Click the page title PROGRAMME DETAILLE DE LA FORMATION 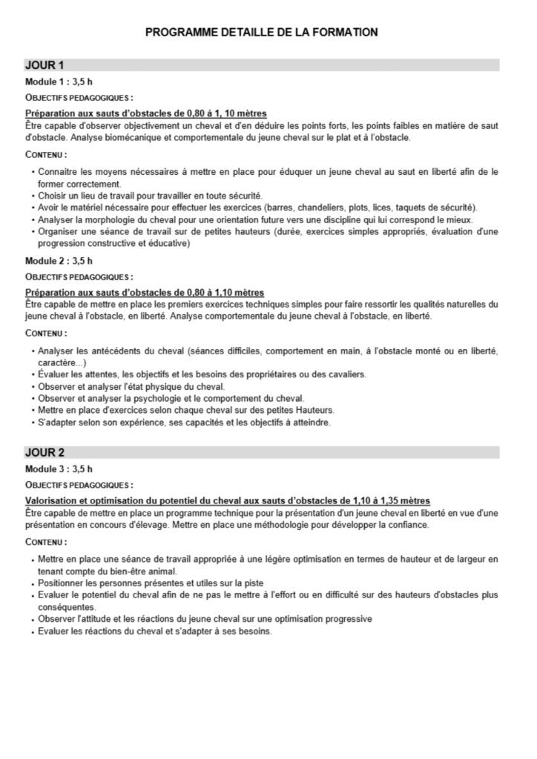pyautogui.click(x=262, y=33)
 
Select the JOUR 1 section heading pyautogui.click(x=45, y=65)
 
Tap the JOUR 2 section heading pyautogui.click(x=45, y=452)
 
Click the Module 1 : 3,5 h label pyautogui.click(x=59, y=82)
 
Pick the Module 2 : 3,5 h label pyautogui.click(x=59, y=261)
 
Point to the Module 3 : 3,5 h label pyautogui.click(x=59, y=469)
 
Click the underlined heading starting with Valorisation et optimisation pyautogui.click(x=228, y=501)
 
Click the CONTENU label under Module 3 pyautogui.click(x=45, y=542)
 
